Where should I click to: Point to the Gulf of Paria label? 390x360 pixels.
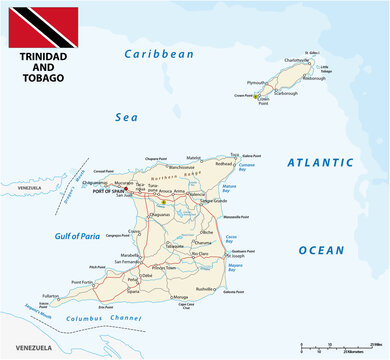(70, 237)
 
